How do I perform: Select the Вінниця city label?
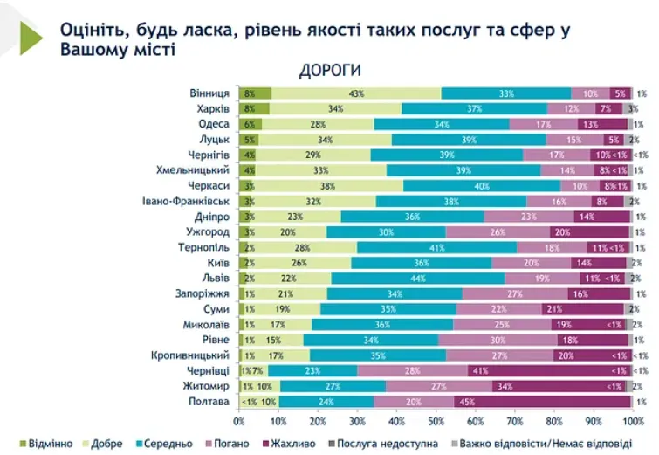tap(209, 93)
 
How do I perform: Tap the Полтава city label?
tap(209, 402)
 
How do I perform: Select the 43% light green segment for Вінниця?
tap(356, 93)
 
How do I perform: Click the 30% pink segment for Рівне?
tap(498, 340)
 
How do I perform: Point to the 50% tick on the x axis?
tap(435, 420)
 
